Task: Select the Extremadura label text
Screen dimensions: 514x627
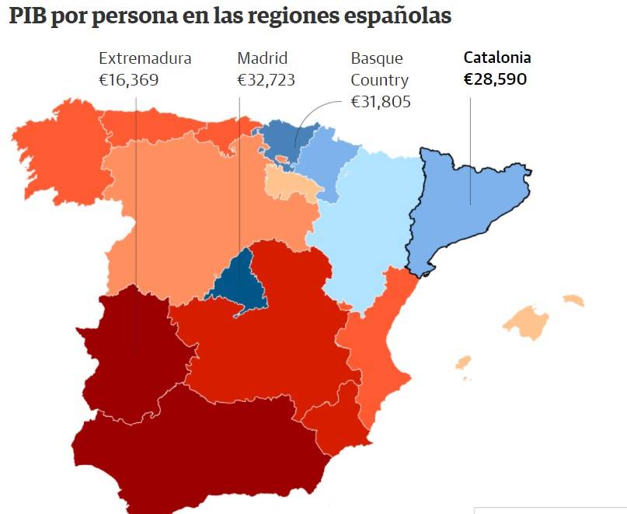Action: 145,58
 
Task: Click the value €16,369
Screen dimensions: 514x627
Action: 128,80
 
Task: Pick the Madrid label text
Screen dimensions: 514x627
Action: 262,58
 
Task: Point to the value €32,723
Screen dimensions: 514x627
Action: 266,80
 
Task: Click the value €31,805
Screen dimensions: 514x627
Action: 380,102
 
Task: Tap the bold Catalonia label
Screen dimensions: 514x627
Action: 497,58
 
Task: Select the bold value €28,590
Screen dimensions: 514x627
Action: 495,79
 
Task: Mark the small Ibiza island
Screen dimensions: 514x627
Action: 464,362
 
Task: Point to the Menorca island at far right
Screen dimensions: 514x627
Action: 574,299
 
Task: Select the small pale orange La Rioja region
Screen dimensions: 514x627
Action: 291,184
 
